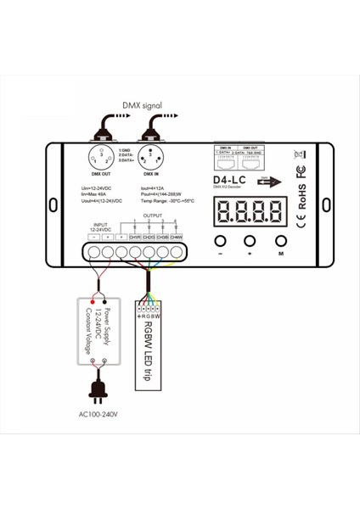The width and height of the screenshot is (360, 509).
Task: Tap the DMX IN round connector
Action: [152, 158]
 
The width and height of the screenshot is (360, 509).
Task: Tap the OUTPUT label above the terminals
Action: [152, 215]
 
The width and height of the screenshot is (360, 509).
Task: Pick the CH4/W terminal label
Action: [176, 237]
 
